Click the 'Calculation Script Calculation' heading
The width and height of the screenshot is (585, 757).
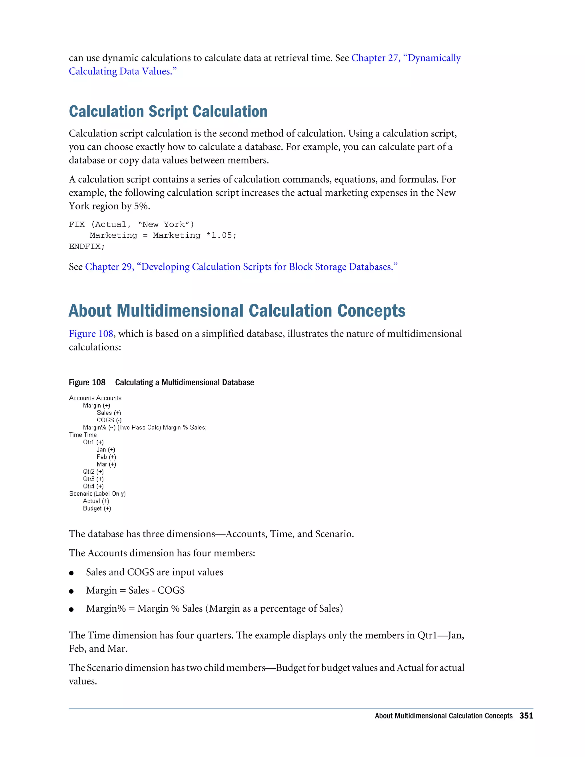tap(168, 112)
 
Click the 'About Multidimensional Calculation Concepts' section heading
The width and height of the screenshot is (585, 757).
tap(237, 311)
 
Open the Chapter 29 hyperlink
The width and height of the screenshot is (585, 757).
tap(241, 267)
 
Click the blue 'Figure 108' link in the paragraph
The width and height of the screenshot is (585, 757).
tap(91, 333)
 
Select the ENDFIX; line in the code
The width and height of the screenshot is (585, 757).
tap(87, 247)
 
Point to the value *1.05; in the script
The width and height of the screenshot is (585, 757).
tap(221, 235)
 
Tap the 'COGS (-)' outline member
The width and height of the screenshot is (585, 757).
tap(109, 420)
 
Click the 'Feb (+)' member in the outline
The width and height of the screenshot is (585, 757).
tap(106, 457)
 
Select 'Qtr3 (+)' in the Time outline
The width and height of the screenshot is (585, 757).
tap(93, 479)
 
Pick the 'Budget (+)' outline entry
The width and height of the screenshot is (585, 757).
tap(97, 508)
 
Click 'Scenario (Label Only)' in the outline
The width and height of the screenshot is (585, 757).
tap(97, 494)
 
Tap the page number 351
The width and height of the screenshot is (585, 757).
tap(526, 716)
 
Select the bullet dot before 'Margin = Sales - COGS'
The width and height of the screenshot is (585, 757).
tap(71, 591)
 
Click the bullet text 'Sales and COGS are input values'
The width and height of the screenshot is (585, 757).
tap(154, 572)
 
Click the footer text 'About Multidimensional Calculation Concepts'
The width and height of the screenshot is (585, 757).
tap(443, 716)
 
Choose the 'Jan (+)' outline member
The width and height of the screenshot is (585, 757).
tap(106, 450)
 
